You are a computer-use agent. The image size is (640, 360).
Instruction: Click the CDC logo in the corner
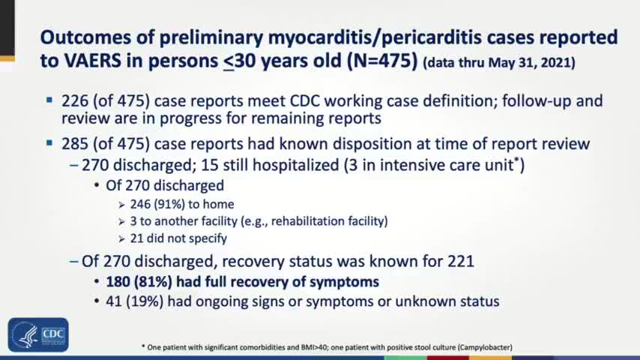38,334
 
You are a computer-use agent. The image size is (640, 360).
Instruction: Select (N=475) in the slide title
378,61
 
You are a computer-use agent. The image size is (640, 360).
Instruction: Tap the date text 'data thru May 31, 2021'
499,63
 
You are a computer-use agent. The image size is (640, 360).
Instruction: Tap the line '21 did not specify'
179,238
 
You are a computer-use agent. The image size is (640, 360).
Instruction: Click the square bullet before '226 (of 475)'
49,99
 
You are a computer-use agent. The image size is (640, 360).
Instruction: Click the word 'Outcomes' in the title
85,37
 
